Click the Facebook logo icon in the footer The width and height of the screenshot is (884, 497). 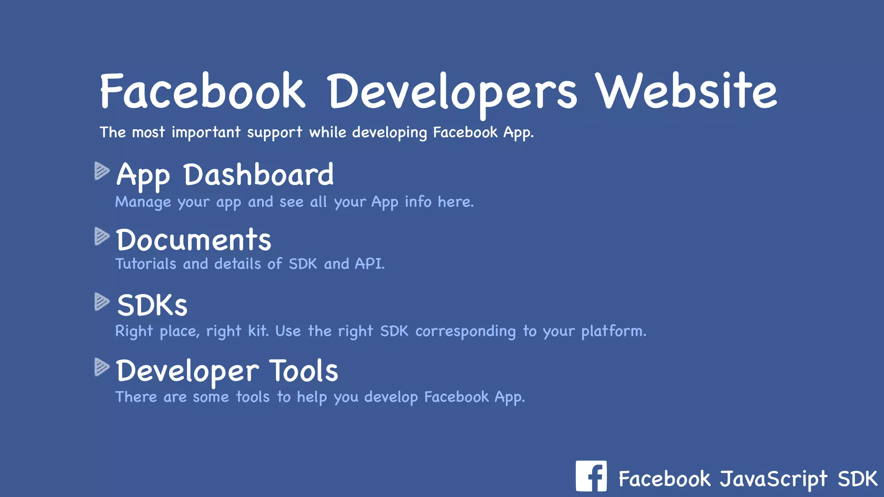[x=591, y=476]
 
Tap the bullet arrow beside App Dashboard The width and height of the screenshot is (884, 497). [x=102, y=171]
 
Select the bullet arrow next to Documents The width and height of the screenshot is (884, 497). [x=102, y=236]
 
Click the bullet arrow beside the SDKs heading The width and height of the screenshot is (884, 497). [x=102, y=302]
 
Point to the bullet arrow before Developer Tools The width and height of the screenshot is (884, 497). [x=102, y=367]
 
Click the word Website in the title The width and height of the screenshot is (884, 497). [x=686, y=91]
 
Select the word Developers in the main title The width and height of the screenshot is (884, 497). [x=452, y=92]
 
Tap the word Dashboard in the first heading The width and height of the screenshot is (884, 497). [x=259, y=175]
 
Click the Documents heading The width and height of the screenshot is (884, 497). [x=193, y=240]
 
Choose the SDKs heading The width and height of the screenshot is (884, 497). [x=152, y=305]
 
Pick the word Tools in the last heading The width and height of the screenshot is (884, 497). [x=304, y=371]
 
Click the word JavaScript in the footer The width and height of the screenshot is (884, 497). [x=773, y=479]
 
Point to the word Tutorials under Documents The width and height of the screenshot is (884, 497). [x=146, y=264]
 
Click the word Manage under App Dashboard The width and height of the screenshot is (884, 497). [x=143, y=202]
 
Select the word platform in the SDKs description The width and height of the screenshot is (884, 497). [x=613, y=331]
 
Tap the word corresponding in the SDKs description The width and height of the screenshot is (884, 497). [x=465, y=331]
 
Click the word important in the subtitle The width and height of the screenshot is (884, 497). [x=206, y=132]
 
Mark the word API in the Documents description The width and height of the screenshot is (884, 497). [x=369, y=264]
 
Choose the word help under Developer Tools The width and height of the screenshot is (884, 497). [x=312, y=397]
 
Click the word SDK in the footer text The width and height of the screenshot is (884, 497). [x=857, y=479]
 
